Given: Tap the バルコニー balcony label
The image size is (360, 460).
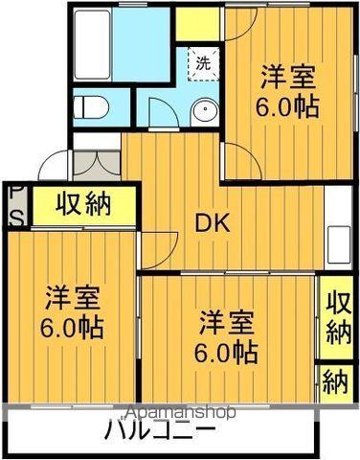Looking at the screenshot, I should coord(159,429).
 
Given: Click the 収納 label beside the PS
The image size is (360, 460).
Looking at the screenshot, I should coord(82,203).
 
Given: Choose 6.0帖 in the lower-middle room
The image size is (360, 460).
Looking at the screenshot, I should coord(227,352).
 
